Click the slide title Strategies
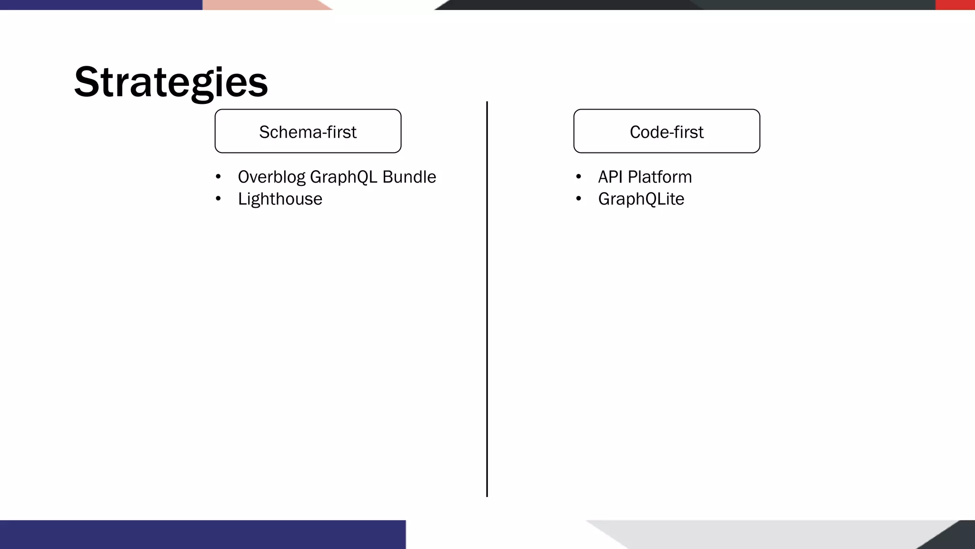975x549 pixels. pos(171,82)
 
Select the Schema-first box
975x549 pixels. pos(308,131)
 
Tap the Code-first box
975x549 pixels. pos(666,131)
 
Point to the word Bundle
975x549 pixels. pos(409,177)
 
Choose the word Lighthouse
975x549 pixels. pos(280,199)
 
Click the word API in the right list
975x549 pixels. pos(610,177)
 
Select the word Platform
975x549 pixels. pos(659,177)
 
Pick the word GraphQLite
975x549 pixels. pos(641,199)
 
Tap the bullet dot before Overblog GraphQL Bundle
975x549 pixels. pos(218,177)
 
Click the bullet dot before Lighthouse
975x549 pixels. pos(218,198)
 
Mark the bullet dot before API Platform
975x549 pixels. pos(578,177)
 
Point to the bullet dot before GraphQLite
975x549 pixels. pos(578,198)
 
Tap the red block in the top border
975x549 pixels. pos(955,5)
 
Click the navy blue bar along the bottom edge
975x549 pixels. pos(202,534)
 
